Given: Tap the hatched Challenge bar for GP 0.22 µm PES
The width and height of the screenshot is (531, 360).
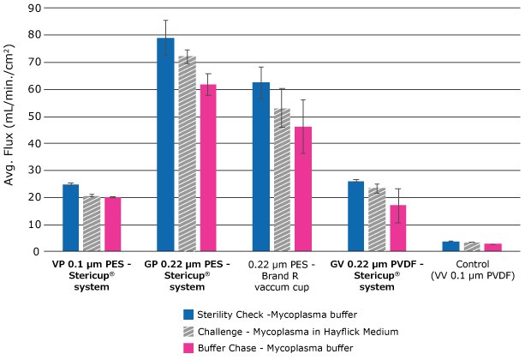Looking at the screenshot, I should click(x=186, y=153).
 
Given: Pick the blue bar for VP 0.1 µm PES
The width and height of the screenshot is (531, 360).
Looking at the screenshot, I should click(x=70, y=218).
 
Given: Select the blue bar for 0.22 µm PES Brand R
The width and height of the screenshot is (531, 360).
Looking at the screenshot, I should click(x=260, y=166).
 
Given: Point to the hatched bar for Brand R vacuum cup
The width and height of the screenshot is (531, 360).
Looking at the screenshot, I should click(x=281, y=179).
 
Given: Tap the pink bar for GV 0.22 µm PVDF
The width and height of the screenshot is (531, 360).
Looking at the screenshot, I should click(x=397, y=228).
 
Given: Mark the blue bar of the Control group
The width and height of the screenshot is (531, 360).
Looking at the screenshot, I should click(x=451, y=246).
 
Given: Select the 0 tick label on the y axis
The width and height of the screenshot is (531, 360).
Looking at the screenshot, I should click(x=38, y=251).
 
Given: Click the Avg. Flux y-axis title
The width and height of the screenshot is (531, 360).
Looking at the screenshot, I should click(x=11, y=129).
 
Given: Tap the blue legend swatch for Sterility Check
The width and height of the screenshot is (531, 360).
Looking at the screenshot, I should click(x=191, y=314).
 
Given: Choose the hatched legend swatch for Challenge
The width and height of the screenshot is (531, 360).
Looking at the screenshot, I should click(x=191, y=330).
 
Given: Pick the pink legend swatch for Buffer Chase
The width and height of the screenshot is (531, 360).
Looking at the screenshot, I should click(x=191, y=346).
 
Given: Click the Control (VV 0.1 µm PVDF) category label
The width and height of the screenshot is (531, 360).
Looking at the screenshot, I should click(x=472, y=271).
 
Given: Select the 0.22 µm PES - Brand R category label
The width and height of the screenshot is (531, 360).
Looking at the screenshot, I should click(x=282, y=271).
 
